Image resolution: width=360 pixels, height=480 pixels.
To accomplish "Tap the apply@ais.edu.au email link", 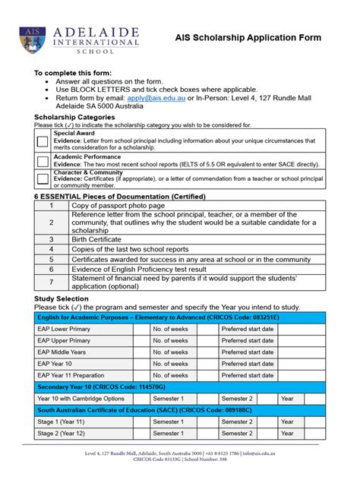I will pyautogui.click(x=149, y=98).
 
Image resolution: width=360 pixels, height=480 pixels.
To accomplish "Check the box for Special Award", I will pyautogui.click(x=42, y=141).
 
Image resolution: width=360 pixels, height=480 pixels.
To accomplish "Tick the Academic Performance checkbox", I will pyautogui.click(x=42, y=161).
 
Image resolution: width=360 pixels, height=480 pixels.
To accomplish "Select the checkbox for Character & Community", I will pyautogui.click(x=42, y=179).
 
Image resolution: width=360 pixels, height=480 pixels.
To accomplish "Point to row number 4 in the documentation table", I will pyautogui.click(x=51, y=249).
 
